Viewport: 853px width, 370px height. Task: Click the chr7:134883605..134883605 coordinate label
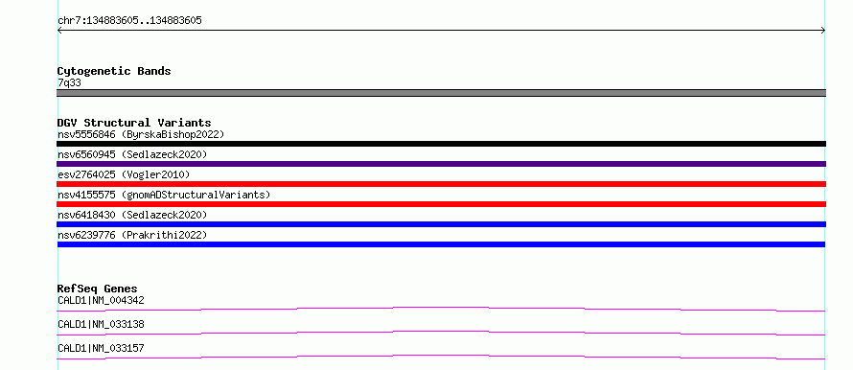(129, 21)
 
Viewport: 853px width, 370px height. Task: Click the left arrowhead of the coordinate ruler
(59, 31)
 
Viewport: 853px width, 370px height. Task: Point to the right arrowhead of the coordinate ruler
(823, 31)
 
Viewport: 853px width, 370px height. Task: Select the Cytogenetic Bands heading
(114, 71)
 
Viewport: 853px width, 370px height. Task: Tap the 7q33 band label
(70, 83)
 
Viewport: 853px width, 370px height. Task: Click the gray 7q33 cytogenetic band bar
(441, 93)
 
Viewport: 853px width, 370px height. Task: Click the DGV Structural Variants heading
(134, 123)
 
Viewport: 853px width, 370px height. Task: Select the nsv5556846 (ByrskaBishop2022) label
(141, 134)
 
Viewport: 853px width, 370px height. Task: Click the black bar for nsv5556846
(441, 144)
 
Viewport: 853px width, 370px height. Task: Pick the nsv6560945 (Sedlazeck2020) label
(132, 154)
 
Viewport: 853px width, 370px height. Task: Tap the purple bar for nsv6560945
(441, 164)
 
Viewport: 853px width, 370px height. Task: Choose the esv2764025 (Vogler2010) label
(124, 174)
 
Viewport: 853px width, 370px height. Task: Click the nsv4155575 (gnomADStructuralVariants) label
(164, 195)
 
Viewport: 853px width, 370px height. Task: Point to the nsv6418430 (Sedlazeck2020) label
(132, 215)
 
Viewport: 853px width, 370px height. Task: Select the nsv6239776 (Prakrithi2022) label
(132, 235)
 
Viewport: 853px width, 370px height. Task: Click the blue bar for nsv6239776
(441, 244)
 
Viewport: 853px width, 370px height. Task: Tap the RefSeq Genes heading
(98, 289)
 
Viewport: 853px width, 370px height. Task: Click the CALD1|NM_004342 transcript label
(101, 300)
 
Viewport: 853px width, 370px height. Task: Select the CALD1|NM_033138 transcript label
(101, 324)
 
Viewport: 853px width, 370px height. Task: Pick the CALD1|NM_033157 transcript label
(101, 348)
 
